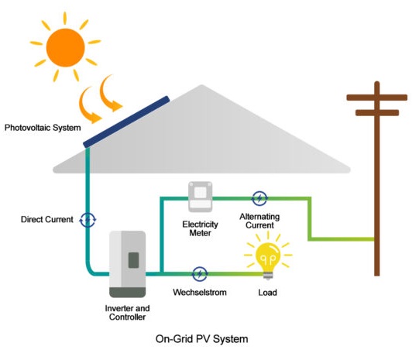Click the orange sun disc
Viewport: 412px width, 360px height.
65,47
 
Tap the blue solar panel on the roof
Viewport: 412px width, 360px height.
126,122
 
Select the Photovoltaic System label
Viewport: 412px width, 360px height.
43,128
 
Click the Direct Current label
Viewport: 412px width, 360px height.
47,220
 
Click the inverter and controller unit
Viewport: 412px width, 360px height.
128,264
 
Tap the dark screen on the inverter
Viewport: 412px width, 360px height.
133,260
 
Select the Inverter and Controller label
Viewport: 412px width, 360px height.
128,313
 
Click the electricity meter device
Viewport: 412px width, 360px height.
201,197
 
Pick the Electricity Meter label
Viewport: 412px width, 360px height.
201,228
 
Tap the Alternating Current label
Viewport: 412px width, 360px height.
259,221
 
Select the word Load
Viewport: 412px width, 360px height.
267,293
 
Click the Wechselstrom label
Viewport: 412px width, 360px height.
200,292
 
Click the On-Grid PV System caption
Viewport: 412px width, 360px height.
202,339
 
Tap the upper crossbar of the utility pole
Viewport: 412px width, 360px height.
377,98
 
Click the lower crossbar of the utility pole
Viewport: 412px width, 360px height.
377,113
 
